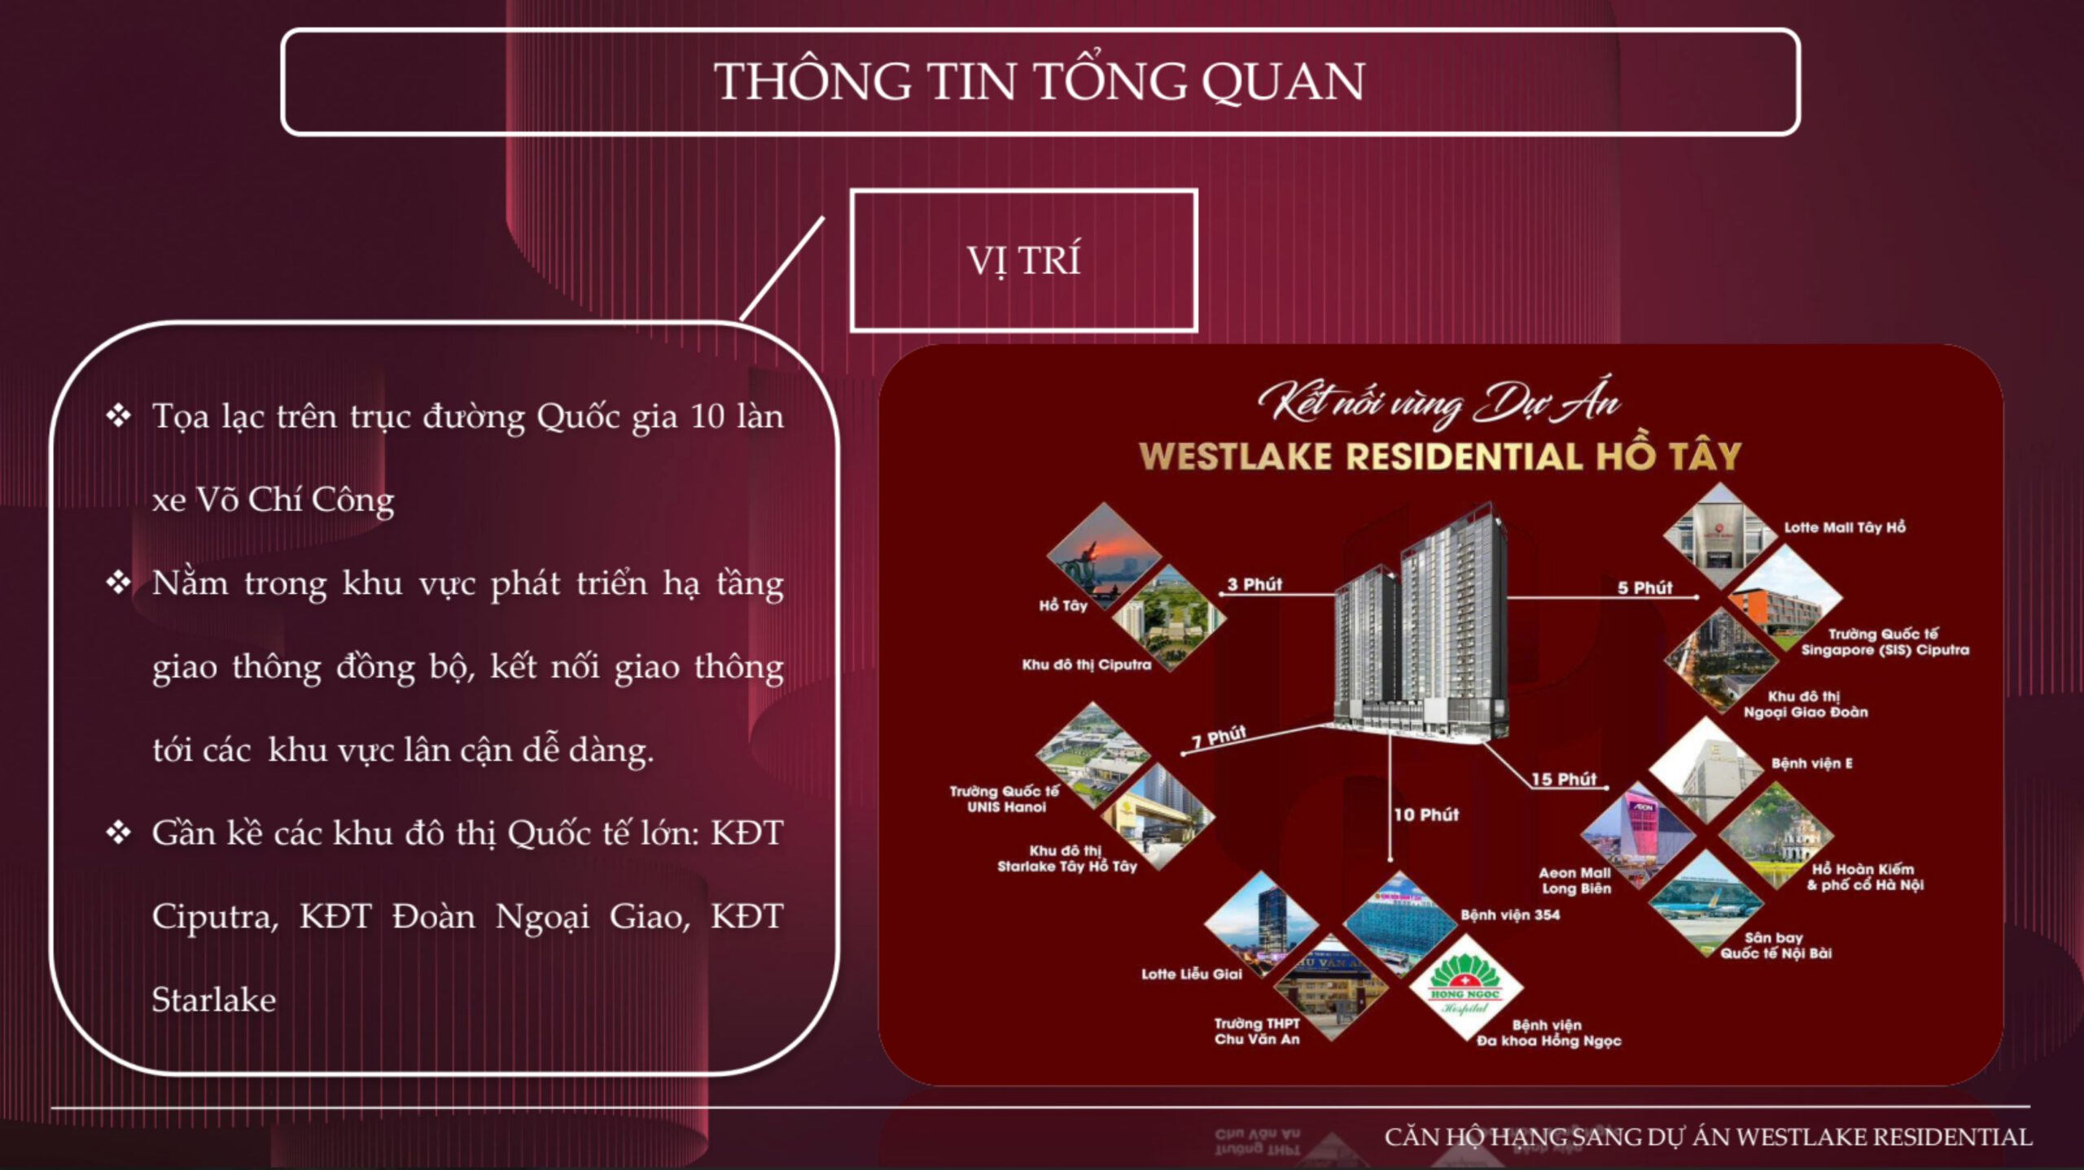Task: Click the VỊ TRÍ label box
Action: pyautogui.click(x=1023, y=260)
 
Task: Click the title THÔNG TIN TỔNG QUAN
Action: pyautogui.click(x=1040, y=81)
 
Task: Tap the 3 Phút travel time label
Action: pyautogui.click(x=1254, y=584)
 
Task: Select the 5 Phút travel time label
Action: pyautogui.click(x=1644, y=587)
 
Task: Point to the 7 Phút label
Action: pyautogui.click(x=1219, y=737)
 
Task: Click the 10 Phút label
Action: pyautogui.click(x=1426, y=814)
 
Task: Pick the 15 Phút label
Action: pyautogui.click(x=1564, y=779)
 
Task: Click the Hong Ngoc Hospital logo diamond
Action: pyautogui.click(x=1465, y=987)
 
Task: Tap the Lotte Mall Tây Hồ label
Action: pyautogui.click(x=1845, y=527)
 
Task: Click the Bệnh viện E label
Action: pyautogui.click(x=1812, y=763)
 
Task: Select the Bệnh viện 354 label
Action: pyautogui.click(x=1510, y=915)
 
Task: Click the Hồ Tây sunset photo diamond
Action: pyautogui.click(x=1105, y=557)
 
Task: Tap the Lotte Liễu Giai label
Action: pyautogui.click(x=1192, y=974)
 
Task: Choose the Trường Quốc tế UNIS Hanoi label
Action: pyautogui.click(x=1005, y=799)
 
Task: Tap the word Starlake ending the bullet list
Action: pyautogui.click(x=213, y=1000)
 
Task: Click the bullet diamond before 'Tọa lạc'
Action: pyautogui.click(x=119, y=416)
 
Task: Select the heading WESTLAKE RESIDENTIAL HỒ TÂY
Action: pyautogui.click(x=1439, y=456)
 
